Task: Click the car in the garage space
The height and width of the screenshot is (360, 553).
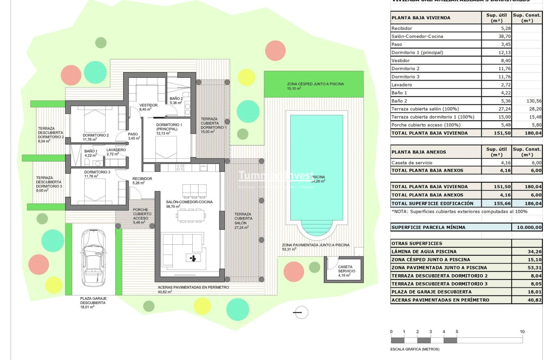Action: pyautogui.click(x=93, y=257)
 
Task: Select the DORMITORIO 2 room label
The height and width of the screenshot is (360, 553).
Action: pyautogui.click(x=96, y=135)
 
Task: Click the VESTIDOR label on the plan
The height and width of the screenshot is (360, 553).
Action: pyautogui.click(x=148, y=105)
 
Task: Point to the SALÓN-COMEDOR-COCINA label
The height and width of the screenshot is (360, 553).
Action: pyautogui.click(x=189, y=202)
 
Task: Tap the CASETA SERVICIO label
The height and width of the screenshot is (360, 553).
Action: pyautogui.click(x=346, y=269)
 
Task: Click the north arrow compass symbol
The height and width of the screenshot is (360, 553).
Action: pyautogui.click(x=300, y=312)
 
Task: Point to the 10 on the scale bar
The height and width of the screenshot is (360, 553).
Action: pyautogui.click(x=522, y=332)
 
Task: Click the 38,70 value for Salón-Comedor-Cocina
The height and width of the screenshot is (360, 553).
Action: pyautogui.click(x=496, y=36)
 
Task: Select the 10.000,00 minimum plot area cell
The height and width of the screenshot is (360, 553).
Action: pyautogui.click(x=527, y=228)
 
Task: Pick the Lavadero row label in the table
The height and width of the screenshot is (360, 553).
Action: pyautogui.click(x=401, y=85)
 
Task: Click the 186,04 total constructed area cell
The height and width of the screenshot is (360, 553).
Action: pyautogui.click(x=527, y=203)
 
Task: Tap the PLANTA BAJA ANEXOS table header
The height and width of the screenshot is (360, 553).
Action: pyautogui.click(x=419, y=152)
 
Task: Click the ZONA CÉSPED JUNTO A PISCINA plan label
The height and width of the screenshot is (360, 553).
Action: pyautogui.click(x=315, y=84)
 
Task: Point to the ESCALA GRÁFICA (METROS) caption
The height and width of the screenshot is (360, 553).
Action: pyautogui.click(x=415, y=349)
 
